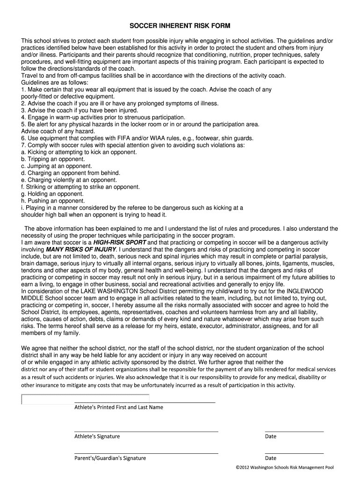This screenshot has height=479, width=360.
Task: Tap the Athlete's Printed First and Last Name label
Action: [x=119, y=407]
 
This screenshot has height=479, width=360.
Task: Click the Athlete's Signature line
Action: [x=146, y=431]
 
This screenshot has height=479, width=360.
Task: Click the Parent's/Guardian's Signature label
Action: [x=110, y=458]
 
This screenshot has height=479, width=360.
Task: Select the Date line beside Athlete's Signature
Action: [x=294, y=431]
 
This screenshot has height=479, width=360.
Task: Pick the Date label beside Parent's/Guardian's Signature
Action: [x=271, y=458]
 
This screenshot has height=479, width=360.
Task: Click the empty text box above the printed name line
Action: [x=86, y=399]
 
